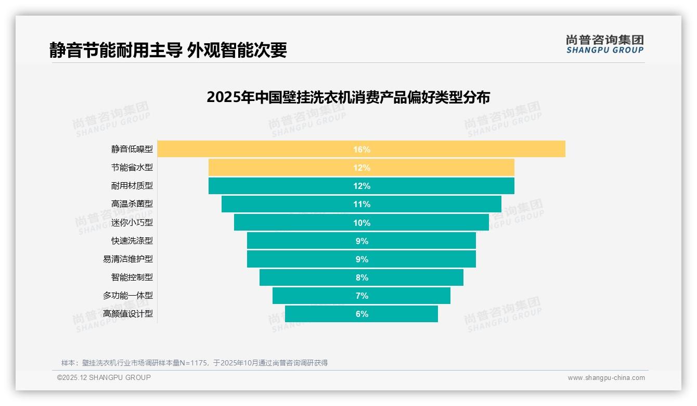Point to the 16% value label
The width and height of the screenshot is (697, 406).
tap(362, 149)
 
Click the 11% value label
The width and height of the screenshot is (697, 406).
tap(362, 204)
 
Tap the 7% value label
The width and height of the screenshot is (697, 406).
tap(362, 296)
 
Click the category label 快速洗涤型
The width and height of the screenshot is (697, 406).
tap(132, 240)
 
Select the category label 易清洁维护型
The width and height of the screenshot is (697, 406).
tap(128, 259)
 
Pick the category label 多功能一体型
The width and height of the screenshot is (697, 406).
tap(128, 296)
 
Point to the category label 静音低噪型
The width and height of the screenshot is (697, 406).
tap(132, 149)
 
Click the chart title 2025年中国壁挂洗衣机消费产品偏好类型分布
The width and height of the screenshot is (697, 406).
tap(348, 97)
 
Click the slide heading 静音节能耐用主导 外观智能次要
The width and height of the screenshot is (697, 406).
tap(168, 50)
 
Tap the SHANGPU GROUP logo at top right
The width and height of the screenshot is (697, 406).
tap(604, 44)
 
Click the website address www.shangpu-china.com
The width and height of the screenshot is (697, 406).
tap(606, 378)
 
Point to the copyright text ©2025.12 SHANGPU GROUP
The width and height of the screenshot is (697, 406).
tap(104, 378)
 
